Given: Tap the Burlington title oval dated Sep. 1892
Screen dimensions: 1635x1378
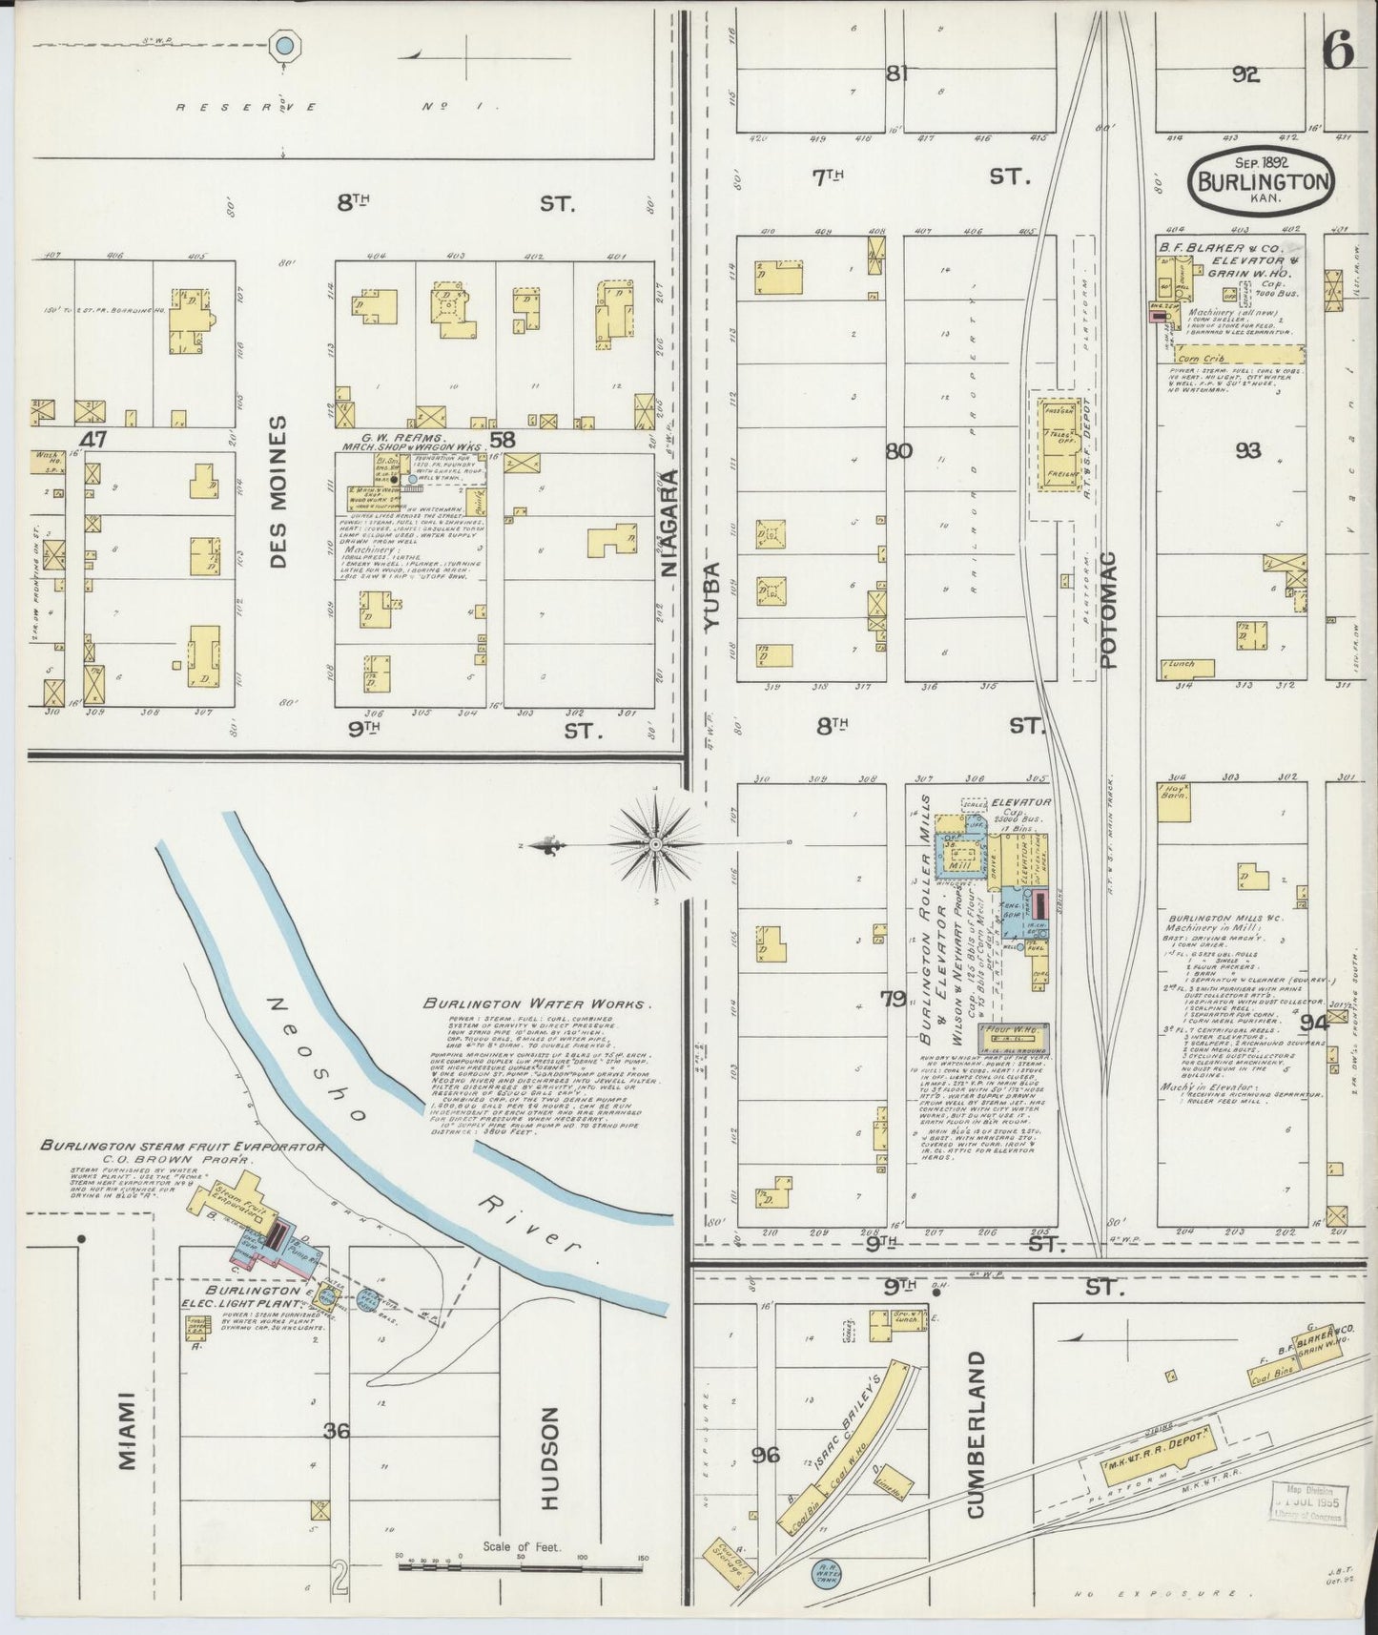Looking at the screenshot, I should point(1262,178).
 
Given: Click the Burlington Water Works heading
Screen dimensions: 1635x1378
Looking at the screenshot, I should point(538,1004).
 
